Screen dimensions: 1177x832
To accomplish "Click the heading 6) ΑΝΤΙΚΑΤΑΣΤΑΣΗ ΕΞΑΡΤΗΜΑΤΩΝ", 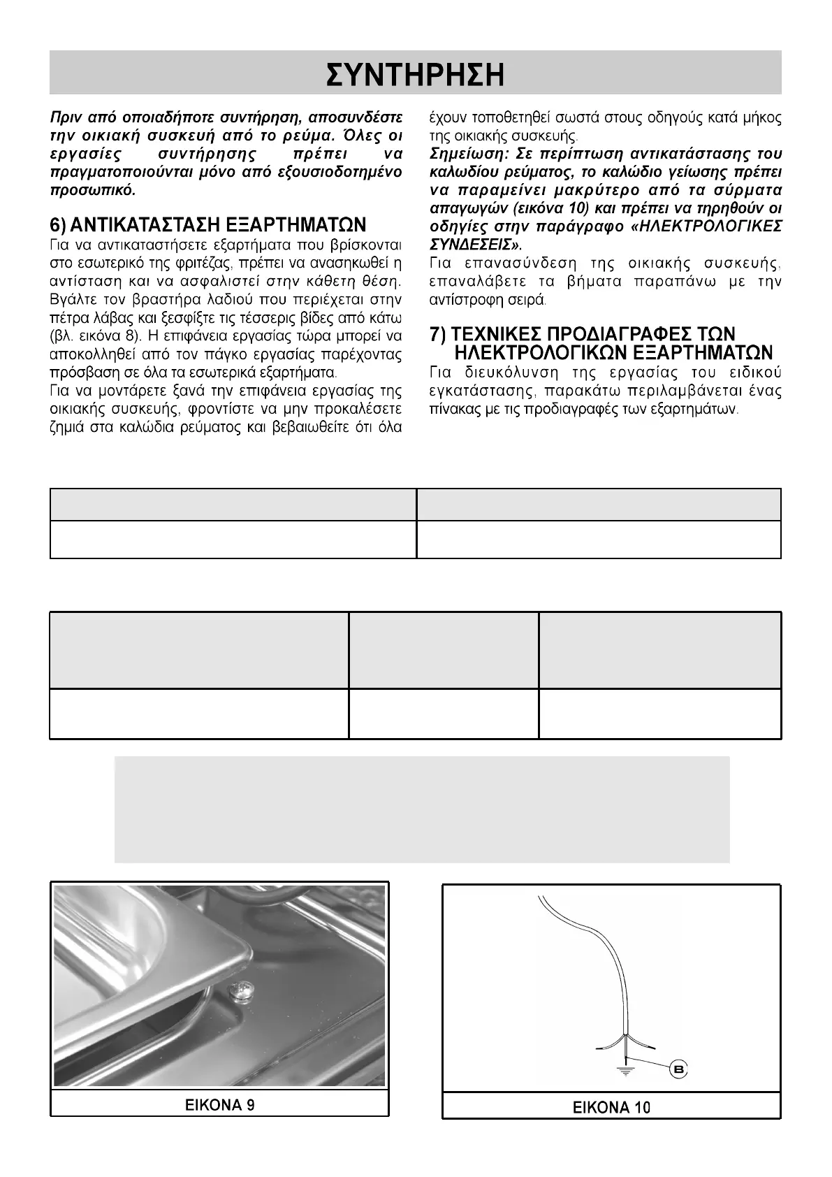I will [x=208, y=225].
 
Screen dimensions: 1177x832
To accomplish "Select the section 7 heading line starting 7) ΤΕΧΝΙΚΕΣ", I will [x=583, y=334].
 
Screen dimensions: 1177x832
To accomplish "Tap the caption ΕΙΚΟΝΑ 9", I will [x=219, y=1105].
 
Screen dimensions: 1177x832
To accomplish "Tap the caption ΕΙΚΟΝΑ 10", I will [x=611, y=1107].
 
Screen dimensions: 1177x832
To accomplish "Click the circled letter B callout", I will [x=678, y=1070].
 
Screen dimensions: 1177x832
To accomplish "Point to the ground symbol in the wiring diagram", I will [x=626, y=1068].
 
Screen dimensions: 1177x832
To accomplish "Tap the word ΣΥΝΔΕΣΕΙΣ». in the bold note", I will [x=475, y=245].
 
